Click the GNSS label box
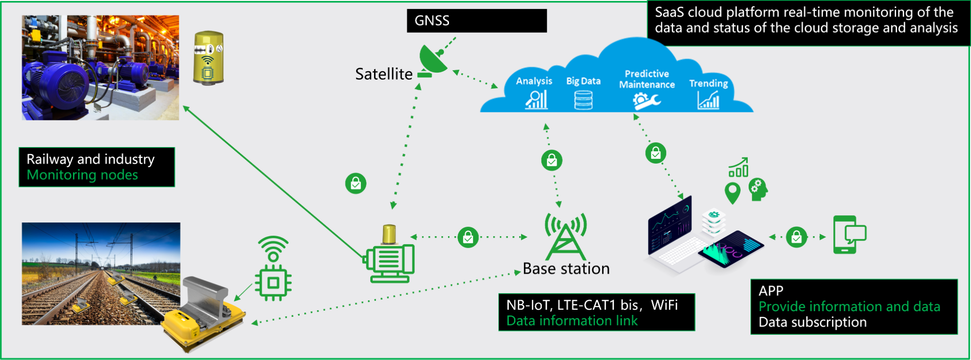click(x=476, y=21)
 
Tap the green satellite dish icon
click(x=433, y=60)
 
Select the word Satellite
click(x=384, y=74)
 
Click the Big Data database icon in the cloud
click(x=583, y=100)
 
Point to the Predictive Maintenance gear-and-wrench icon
click(x=646, y=101)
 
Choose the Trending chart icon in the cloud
click(x=708, y=100)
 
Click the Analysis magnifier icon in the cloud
click(x=536, y=100)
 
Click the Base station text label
click(x=566, y=269)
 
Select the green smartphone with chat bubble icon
click(x=849, y=235)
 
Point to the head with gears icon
click(x=758, y=190)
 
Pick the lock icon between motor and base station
click(x=468, y=237)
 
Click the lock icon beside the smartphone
click(x=797, y=237)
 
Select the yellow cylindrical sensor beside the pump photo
click(x=208, y=58)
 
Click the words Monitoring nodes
click(x=82, y=175)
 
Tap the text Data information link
click(x=572, y=321)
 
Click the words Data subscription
click(x=812, y=323)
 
